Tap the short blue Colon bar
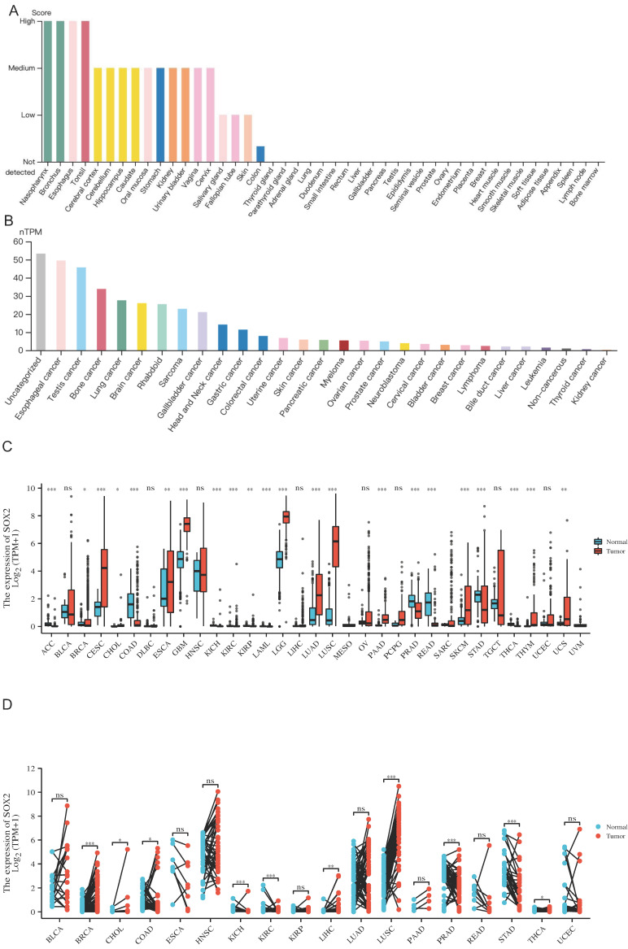pos(260,154)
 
